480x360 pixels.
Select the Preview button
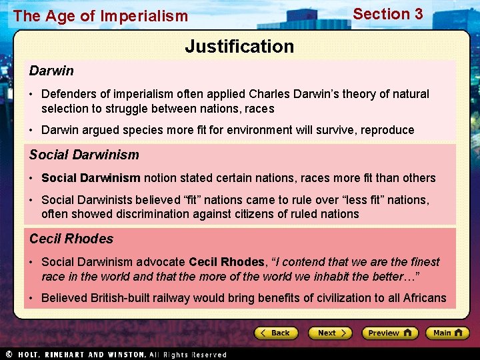[390, 333]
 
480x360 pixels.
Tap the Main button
[447, 333]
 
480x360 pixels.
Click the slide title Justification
[239, 47]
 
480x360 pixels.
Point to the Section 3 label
[387, 14]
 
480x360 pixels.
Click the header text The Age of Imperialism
[101, 16]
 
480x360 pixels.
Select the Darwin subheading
[51, 71]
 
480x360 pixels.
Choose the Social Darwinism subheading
[84, 155]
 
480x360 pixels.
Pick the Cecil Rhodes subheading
[71, 239]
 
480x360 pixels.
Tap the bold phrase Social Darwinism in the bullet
[91, 178]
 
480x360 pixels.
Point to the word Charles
[271, 94]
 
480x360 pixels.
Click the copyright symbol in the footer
[9, 353]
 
